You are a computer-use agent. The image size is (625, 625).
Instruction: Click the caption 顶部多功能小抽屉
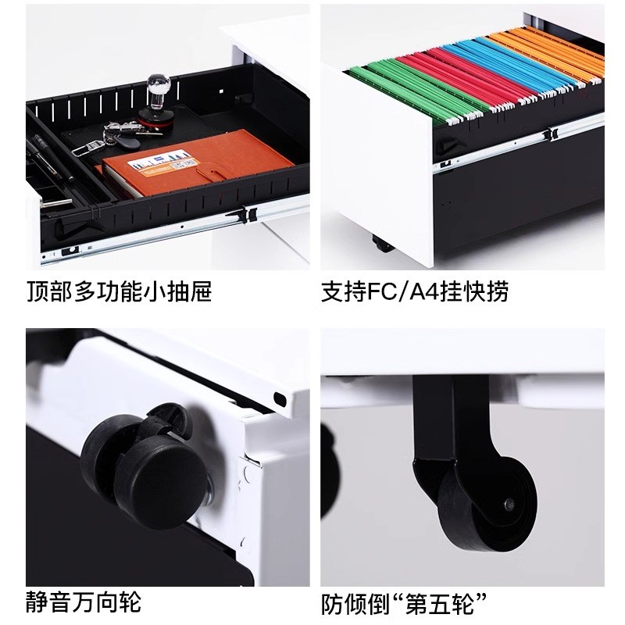click(x=119, y=291)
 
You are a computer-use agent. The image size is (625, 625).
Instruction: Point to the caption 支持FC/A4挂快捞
click(x=415, y=291)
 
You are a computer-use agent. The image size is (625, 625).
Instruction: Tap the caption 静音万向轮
click(x=84, y=602)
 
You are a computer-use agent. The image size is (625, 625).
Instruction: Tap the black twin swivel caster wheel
click(x=141, y=461)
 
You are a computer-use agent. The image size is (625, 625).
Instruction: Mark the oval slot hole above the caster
click(x=279, y=398)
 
